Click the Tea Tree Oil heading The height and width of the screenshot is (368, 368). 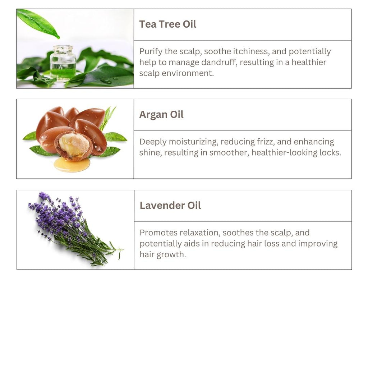click(168, 24)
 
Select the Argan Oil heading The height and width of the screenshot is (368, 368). click(161, 115)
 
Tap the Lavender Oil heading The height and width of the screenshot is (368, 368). click(170, 206)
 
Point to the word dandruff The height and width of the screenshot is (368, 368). click(216, 63)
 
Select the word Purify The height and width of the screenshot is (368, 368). click(151, 52)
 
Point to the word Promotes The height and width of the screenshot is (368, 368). click(157, 233)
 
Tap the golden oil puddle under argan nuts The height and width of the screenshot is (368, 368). click(72, 165)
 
